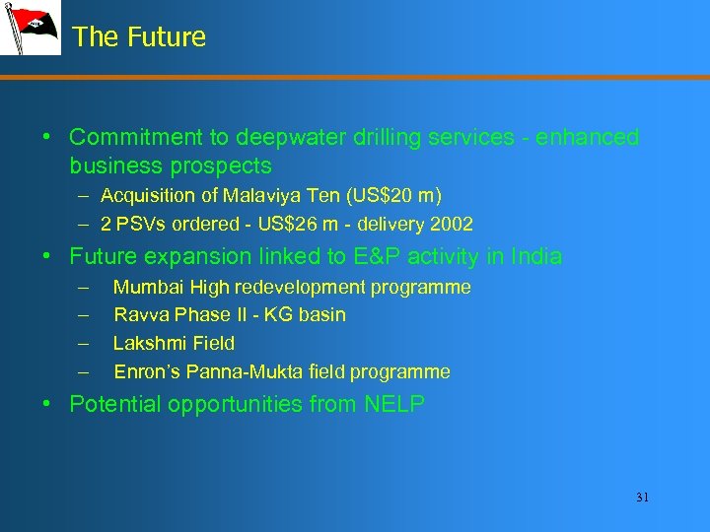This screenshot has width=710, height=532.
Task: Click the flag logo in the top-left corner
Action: [30, 29]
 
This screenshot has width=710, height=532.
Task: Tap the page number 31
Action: [642, 498]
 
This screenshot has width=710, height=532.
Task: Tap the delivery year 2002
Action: [452, 224]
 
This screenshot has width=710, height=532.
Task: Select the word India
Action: [533, 257]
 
